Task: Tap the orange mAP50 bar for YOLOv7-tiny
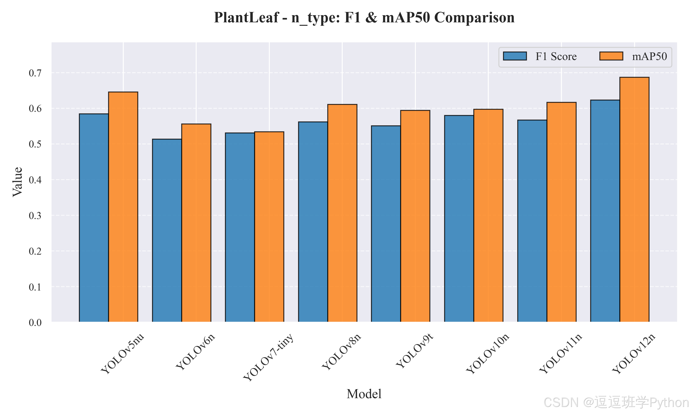(x=269, y=227)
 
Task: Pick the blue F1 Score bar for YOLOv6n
(x=167, y=230)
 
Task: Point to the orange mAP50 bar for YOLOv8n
(x=342, y=213)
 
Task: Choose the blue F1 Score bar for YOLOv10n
(x=459, y=219)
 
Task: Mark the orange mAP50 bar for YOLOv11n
(x=561, y=212)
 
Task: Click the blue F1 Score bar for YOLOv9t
(x=386, y=224)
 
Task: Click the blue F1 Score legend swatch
(x=515, y=56)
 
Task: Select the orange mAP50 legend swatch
(x=611, y=56)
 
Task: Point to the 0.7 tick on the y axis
(x=35, y=73)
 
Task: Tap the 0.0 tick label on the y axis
(x=35, y=322)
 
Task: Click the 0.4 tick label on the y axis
(x=35, y=180)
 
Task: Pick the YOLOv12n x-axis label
(x=634, y=354)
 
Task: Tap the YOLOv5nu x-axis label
(x=122, y=354)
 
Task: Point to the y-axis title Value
(x=17, y=182)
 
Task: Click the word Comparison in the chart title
(x=474, y=17)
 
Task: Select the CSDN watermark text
(x=616, y=402)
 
